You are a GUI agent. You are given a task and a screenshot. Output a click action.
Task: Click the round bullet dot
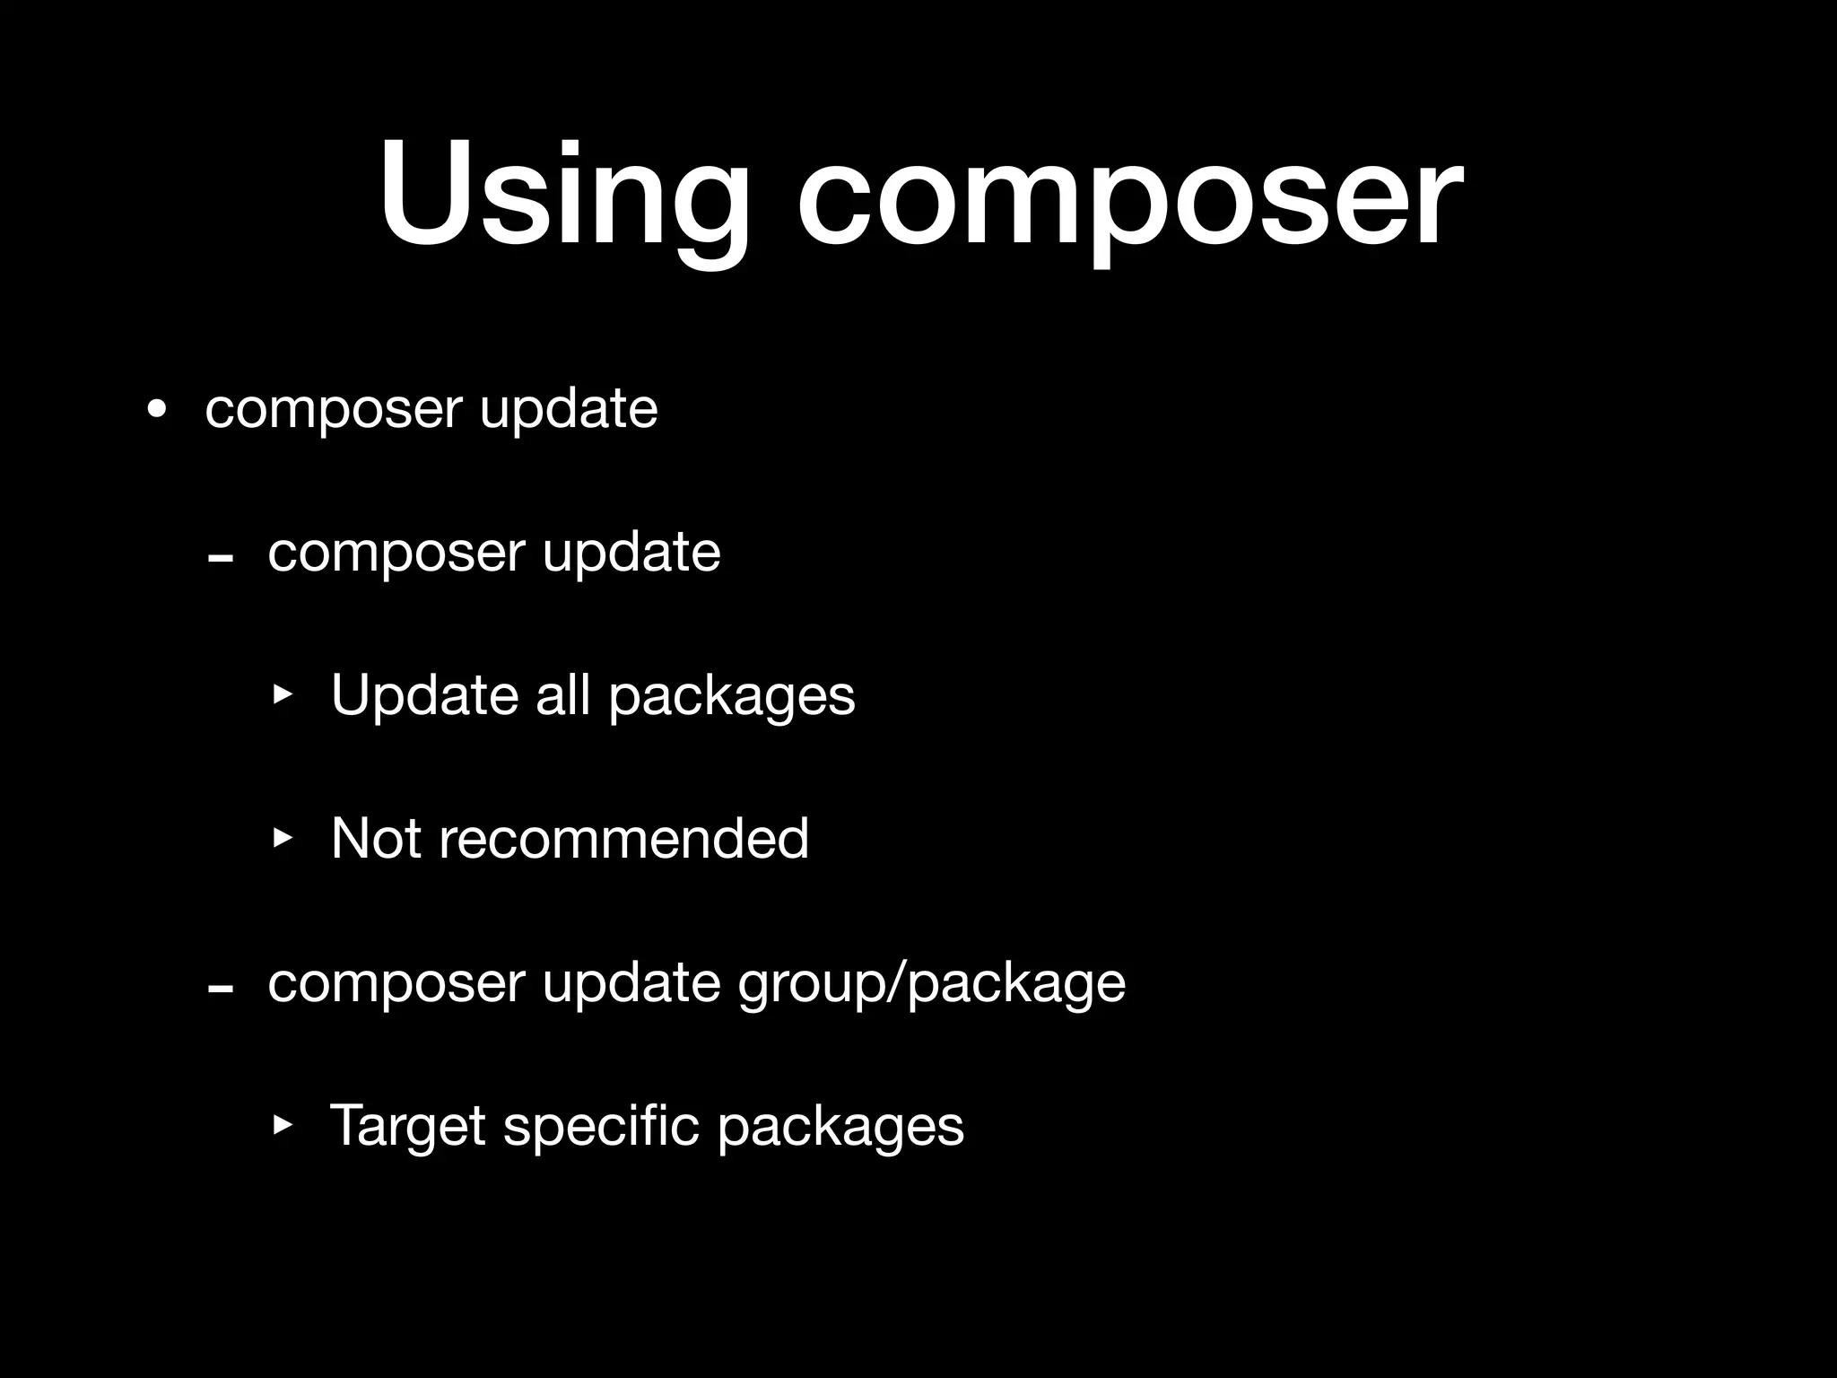157,410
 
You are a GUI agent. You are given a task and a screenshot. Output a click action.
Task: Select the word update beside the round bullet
569,410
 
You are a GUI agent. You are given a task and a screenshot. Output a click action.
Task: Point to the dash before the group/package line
220,990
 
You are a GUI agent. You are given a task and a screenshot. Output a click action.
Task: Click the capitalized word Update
424,695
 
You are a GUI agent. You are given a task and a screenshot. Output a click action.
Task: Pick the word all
562,695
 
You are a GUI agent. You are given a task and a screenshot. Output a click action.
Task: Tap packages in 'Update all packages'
732,698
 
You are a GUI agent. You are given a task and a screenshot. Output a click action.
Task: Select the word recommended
624,839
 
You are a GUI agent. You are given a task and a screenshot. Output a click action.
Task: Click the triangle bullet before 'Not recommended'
283,838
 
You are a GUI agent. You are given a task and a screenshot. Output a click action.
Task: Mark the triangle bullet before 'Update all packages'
283,694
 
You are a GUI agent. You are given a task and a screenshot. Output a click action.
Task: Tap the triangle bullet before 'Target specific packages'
283,1124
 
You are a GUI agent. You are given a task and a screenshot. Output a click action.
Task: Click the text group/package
931,985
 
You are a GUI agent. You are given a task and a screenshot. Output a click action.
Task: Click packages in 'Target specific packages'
840,1129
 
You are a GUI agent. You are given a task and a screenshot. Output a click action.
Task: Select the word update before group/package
631,983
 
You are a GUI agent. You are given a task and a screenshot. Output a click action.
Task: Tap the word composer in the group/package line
396,985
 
